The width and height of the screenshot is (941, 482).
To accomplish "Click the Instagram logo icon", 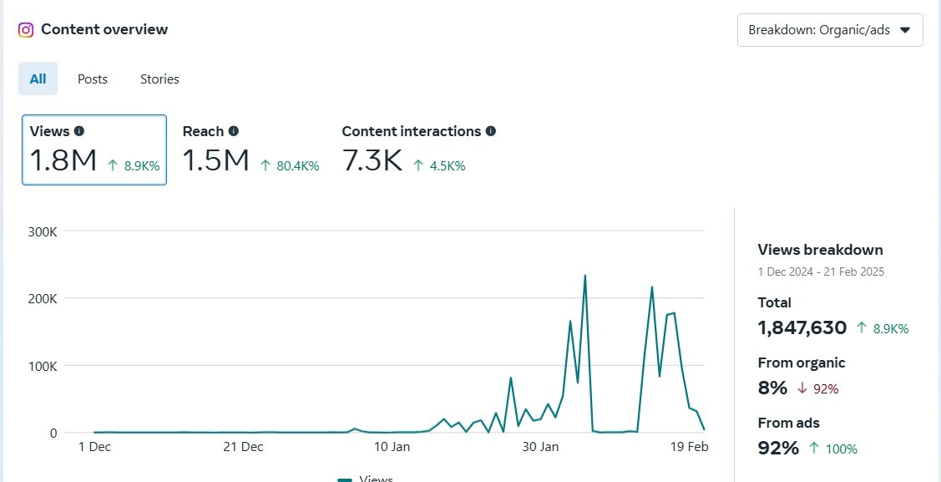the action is coord(25,30).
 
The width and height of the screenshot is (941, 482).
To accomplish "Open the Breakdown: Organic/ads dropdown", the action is coord(830,30).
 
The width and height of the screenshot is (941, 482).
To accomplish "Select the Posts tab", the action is coord(93,79).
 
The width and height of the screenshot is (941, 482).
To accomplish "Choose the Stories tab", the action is coord(159,79).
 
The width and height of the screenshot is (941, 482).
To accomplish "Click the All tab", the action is coord(38,79).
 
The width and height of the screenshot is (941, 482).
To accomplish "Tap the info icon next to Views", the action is coord(79,131).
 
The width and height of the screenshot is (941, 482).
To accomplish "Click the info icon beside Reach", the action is coord(234,131).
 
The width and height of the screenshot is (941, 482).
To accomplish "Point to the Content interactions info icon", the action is coord(491,131).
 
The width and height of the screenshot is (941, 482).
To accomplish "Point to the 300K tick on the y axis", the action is coord(43,231).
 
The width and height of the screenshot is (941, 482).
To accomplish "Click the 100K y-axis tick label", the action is coord(43,366).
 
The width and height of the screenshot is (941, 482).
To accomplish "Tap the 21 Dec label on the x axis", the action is coord(243,447).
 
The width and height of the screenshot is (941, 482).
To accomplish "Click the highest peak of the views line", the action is coord(585,276).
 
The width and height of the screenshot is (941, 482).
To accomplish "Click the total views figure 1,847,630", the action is coord(802,327).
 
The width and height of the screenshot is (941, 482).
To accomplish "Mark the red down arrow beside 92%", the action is coord(802,389).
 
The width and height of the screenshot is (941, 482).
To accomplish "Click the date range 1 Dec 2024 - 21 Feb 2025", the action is coord(821,272).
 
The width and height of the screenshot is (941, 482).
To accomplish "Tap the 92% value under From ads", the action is coord(778,448).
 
